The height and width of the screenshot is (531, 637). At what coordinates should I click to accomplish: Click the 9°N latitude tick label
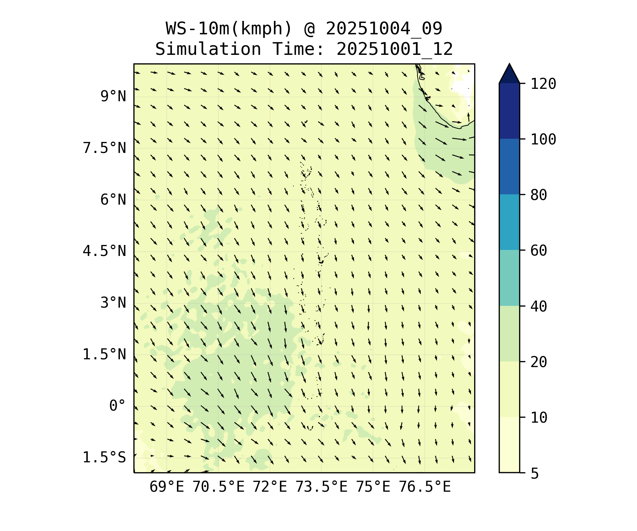[x=113, y=96]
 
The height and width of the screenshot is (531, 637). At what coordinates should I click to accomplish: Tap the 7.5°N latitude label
[x=104, y=148]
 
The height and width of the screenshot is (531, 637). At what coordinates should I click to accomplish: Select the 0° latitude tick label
[x=117, y=406]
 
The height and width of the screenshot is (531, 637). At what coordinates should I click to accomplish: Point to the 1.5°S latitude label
[x=104, y=457]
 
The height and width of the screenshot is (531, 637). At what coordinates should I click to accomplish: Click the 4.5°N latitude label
[x=104, y=251]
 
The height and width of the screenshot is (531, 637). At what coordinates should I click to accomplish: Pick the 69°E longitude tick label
[x=167, y=487]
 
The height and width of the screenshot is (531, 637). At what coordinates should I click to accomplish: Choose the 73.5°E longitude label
[x=321, y=487]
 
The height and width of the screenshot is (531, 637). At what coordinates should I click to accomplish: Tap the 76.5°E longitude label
[x=425, y=487]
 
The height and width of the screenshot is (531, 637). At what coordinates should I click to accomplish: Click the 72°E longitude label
[x=270, y=487]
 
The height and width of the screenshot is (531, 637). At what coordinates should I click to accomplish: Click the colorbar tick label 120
[x=543, y=84]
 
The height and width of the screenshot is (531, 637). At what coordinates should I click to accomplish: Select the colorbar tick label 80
[x=539, y=195]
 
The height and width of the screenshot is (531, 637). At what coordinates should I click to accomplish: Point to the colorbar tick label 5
[x=534, y=473]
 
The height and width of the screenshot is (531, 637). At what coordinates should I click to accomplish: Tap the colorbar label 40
[x=539, y=307]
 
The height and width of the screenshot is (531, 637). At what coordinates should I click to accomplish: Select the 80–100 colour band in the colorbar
[x=509, y=166]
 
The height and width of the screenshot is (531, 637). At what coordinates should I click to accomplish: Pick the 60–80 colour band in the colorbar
[x=509, y=222]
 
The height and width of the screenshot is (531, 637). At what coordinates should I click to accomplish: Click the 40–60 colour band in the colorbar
[x=509, y=278]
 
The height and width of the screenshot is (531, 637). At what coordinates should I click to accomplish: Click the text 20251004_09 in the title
[x=384, y=29]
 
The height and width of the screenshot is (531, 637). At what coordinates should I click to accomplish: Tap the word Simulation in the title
[x=208, y=49]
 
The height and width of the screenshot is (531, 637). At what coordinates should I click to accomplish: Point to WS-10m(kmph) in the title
[x=229, y=29]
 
